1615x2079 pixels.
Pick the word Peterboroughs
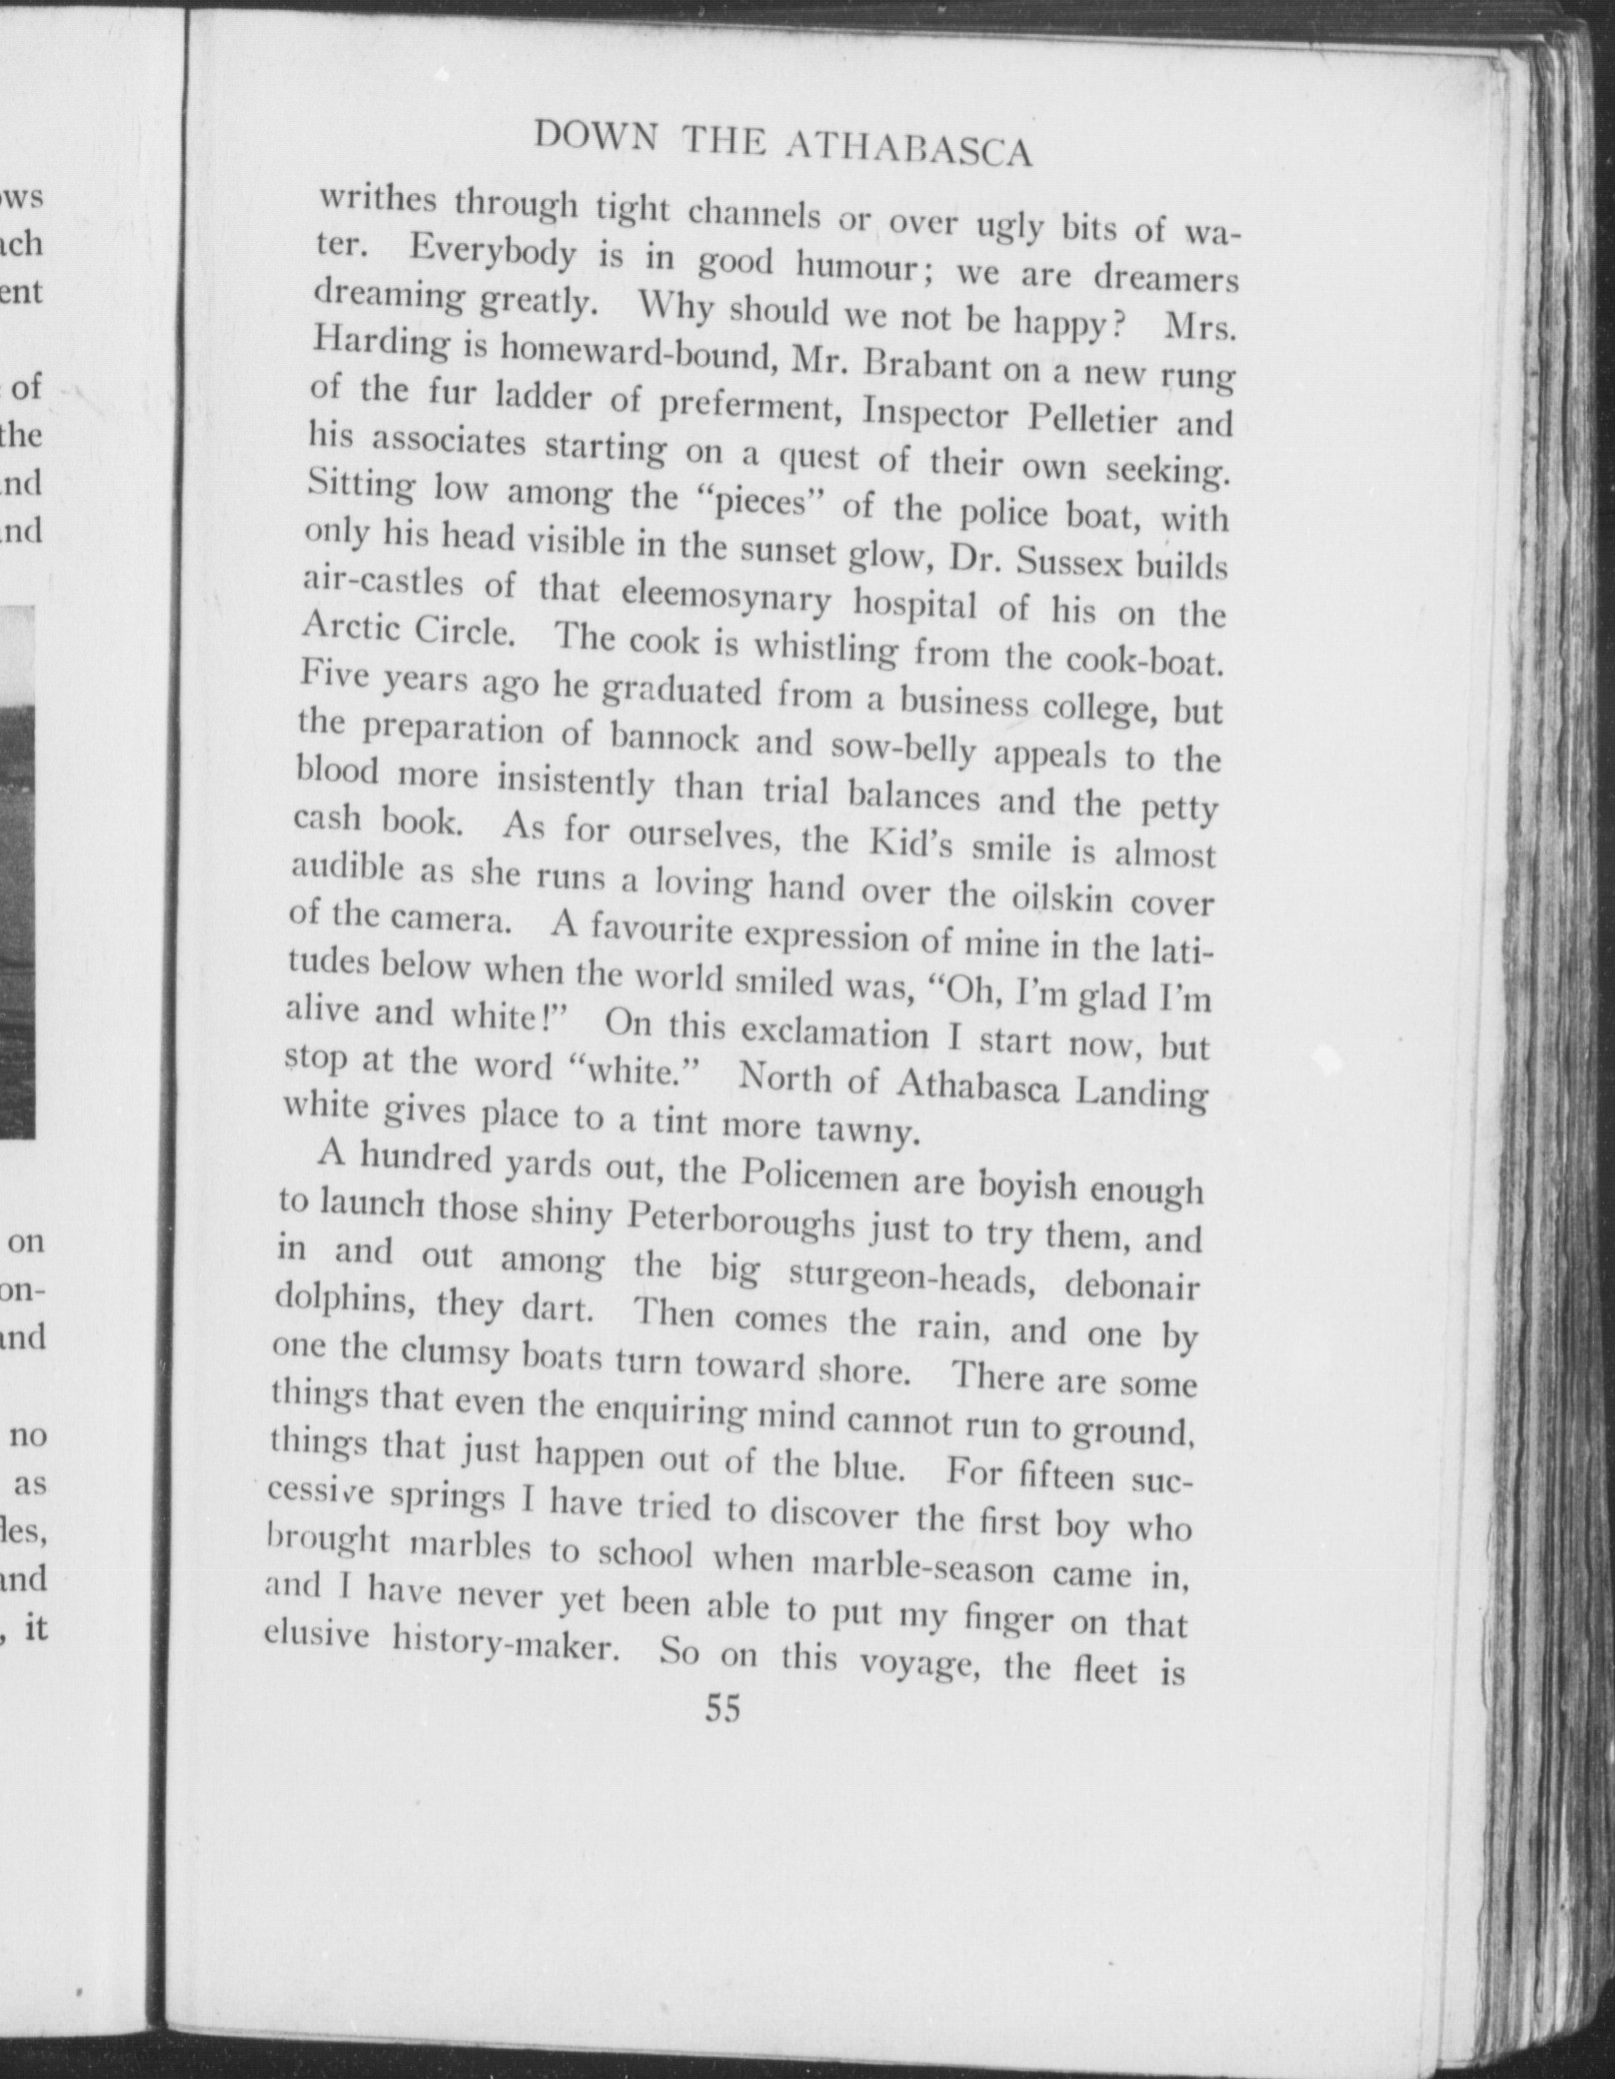pyautogui.click(x=741, y=1220)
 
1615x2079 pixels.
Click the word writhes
pyautogui.click(x=378, y=200)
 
